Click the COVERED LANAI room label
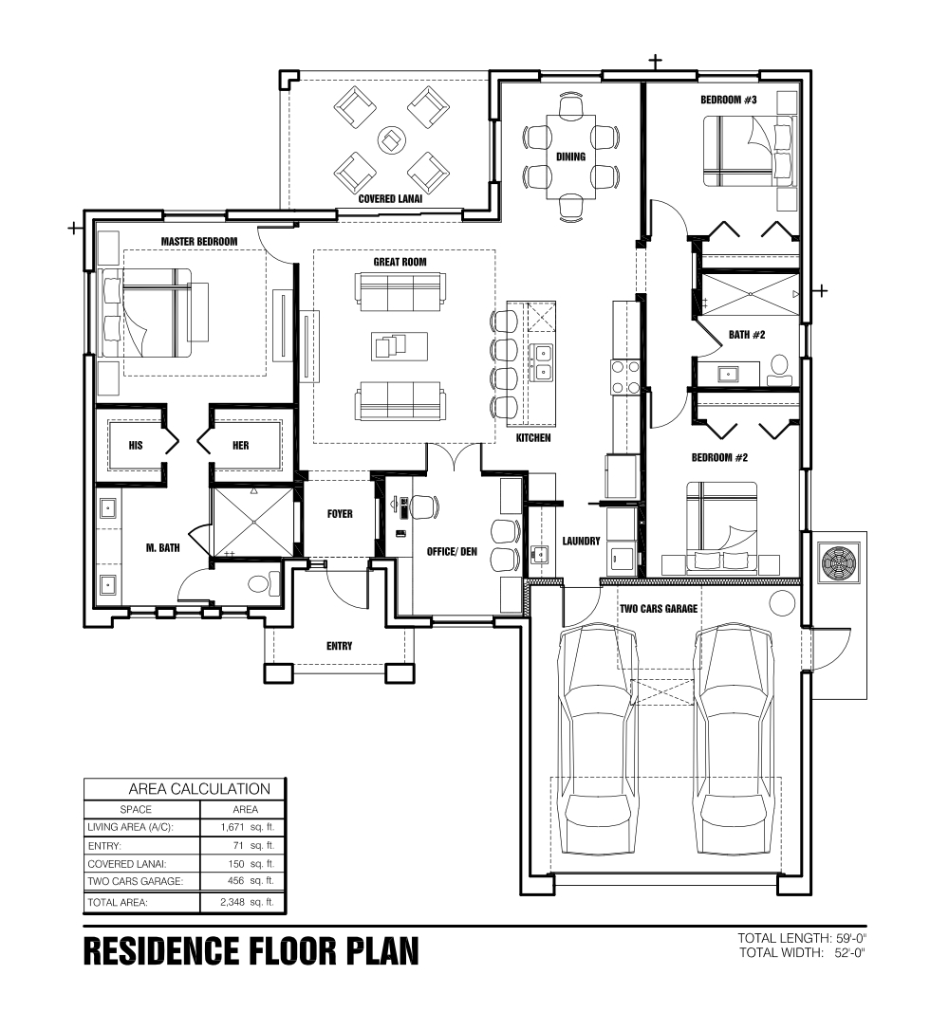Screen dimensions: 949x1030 [390, 198]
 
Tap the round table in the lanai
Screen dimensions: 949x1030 [392, 139]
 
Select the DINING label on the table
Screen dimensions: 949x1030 [570, 156]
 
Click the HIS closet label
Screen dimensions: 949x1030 [136, 446]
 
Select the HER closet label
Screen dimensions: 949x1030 [240, 446]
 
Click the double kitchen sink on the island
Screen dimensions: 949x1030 [543, 362]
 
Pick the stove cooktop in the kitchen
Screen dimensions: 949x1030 [625, 377]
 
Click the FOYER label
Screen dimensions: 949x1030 [340, 514]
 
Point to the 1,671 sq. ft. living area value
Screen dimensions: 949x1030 [247, 827]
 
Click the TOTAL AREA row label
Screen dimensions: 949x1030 [118, 902]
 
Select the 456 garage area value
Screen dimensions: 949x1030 [235, 880]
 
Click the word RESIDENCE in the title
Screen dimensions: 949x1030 [161, 950]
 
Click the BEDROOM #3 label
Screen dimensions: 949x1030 [728, 100]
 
